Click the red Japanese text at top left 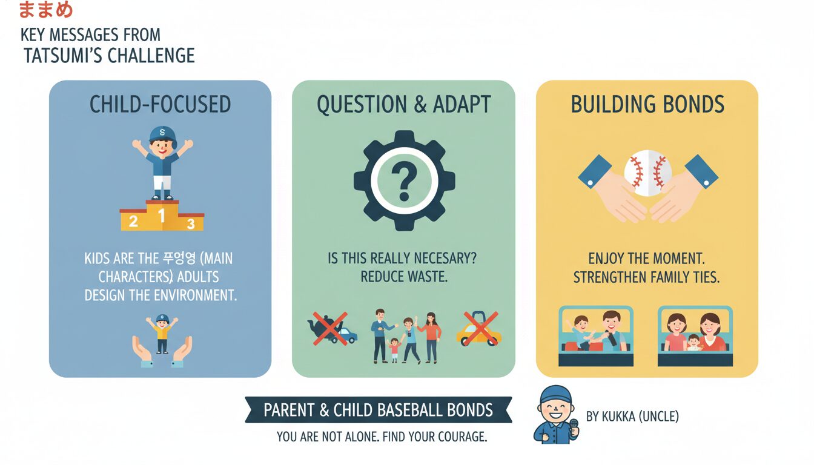pos(46,9)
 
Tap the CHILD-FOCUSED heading pos(160,104)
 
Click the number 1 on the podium pos(162,216)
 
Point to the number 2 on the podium pos(133,221)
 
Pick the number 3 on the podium pos(191,224)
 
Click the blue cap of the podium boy pos(162,134)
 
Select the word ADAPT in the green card pos(462,104)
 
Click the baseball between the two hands pos(647,173)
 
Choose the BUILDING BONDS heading pos(647,104)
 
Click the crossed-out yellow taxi pos(479,329)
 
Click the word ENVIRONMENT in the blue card pos(193,295)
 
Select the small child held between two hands pos(162,334)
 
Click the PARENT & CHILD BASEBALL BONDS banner pos(379,410)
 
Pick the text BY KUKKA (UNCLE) pos(632,417)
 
